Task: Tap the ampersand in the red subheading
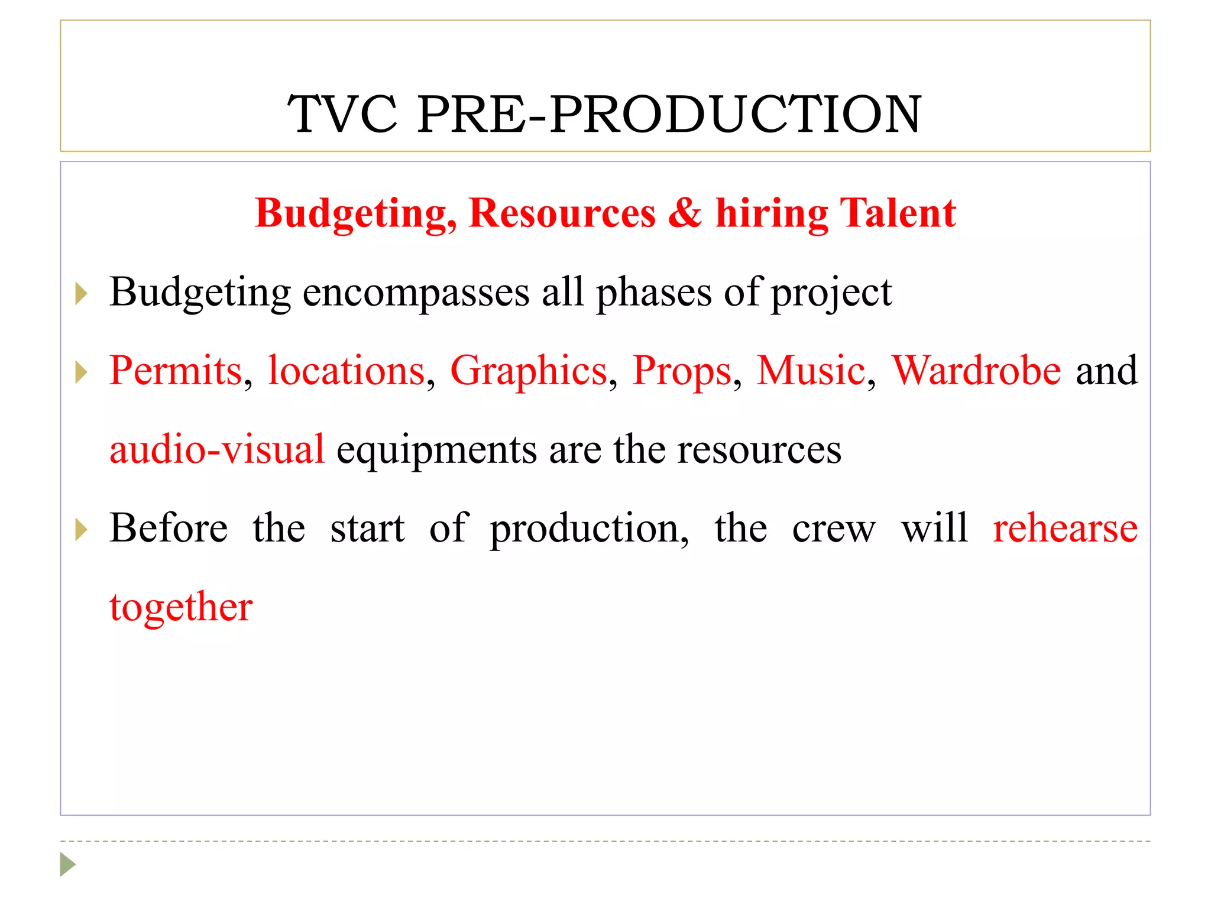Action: (685, 213)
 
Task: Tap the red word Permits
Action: (176, 371)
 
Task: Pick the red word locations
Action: (346, 371)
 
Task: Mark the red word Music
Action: (811, 371)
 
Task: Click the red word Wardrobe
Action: (976, 371)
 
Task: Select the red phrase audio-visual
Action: (217, 450)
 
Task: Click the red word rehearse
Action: (1065, 528)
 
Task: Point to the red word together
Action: (181, 608)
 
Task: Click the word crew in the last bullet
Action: (834, 528)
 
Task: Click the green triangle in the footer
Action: (67, 864)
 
